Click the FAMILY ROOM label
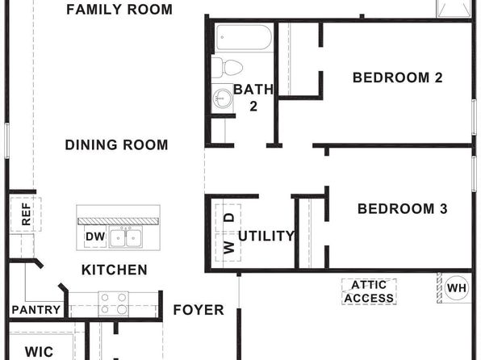[119, 10]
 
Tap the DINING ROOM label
[116, 144]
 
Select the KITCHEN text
[115, 270]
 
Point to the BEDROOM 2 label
[398, 77]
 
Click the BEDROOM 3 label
[403, 209]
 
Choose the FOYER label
[199, 310]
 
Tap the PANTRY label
[36, 310]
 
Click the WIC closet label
[39, 352]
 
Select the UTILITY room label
[266, 236]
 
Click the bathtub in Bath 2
[244, 37]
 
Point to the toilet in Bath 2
[228, 67]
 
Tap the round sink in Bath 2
[223, 98]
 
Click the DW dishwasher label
[95, 237]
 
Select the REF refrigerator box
[26, 214]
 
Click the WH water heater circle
[457, 288]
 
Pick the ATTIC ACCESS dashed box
[369, 291]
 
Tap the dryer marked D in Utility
[228, 218]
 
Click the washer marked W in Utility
[228, 247]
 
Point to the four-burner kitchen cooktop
[114, 303]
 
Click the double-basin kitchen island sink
[126, 238]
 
